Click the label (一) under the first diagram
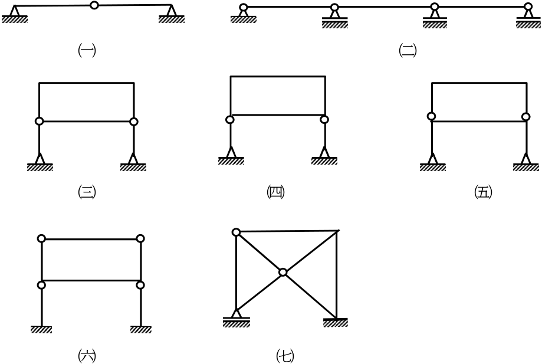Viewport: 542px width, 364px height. (87, 51)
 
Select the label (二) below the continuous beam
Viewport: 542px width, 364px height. (408, 51)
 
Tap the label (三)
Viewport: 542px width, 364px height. (87, 192)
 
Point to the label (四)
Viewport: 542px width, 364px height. (275, 192)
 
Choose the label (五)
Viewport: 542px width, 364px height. (483, 192)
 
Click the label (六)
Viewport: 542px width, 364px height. (87, 356)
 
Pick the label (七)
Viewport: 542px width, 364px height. (285, 356)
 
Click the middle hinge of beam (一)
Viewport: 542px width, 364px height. (94, 5)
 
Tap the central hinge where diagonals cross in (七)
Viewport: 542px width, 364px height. (283, 273)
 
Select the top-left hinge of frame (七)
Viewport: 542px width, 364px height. (236, 232)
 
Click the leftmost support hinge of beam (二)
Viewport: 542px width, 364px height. (244, 7)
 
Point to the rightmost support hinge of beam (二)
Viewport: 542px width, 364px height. (528, 6)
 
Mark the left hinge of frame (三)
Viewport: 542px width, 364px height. (40, 122)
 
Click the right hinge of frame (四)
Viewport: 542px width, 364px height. (324, 120)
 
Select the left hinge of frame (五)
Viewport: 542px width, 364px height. (431, 116)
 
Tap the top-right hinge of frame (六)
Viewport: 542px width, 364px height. (140, 238)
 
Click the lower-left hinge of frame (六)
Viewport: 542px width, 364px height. (41, 285)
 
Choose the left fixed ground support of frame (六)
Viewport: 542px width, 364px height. (41, 329)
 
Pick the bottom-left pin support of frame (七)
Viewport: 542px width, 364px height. (236, 318)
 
